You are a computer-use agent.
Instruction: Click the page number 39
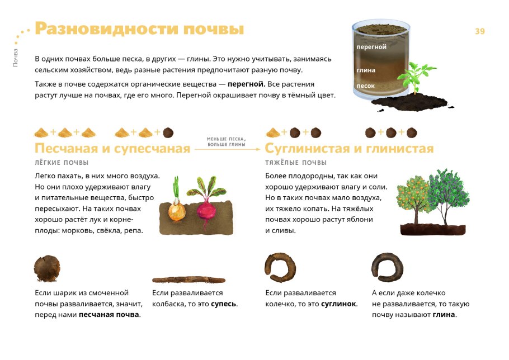(x=479, y=31)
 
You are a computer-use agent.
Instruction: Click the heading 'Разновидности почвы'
(x=139, y=29)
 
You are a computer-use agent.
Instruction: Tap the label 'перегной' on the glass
(x=371, y=47)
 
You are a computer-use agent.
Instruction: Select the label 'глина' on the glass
(x=366, y=70)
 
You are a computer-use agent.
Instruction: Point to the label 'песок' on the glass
(x=366, y=86)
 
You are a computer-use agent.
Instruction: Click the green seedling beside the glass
(x=415, y=78)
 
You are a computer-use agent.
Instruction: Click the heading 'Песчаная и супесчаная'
(x=112, y=149)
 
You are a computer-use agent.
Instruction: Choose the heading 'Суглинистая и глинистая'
(x=350, y=149)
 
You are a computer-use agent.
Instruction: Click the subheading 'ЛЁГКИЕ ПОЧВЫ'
(x=62, y=163)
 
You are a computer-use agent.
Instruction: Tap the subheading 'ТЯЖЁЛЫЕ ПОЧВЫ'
(x=296, y=163)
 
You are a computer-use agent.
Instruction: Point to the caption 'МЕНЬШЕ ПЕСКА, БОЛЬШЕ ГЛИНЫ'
(x=227, y=141)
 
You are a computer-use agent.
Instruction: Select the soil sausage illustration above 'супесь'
(x=188, y=280)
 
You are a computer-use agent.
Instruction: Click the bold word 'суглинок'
(x=338, y=304)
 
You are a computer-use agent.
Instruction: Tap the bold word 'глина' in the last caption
(x=444, y=314)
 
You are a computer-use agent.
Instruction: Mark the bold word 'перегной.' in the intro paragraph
(x=246, y=84)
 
